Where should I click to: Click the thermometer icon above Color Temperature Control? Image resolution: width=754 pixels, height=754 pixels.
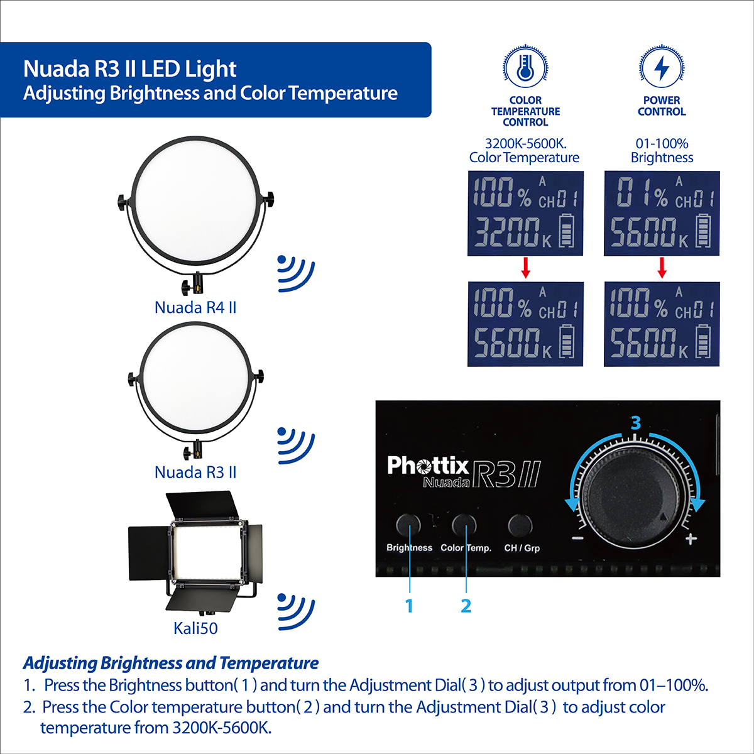point(525,67)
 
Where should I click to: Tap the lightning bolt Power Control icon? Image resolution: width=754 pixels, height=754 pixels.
point(662,67)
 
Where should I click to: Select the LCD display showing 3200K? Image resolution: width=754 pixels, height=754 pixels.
point(525,213)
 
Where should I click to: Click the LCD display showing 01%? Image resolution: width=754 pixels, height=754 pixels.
point(662,213)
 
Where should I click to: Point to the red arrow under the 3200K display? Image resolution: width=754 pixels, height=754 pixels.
point(525,268)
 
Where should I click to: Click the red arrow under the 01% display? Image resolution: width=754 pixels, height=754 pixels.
point(662,268)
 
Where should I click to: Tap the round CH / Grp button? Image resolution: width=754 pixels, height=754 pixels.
point(520,525)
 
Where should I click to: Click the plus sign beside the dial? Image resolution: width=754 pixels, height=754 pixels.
point(691,539)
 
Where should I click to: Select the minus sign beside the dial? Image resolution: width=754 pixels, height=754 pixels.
point(577,538)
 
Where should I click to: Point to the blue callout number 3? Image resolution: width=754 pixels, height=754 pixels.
point(636,423)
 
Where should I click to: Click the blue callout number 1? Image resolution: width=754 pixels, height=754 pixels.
point(409,606)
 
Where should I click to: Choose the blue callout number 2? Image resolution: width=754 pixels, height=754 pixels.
point(466,606)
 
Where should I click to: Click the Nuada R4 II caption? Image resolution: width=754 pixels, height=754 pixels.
point(195,307)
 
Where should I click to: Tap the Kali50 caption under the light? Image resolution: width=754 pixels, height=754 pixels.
point(195,628)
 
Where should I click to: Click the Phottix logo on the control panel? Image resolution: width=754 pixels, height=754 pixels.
point(428,466)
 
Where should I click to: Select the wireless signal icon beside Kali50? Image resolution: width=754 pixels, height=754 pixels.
point(296,612)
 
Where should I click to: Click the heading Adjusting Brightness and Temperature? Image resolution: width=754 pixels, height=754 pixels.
point(171,663)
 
